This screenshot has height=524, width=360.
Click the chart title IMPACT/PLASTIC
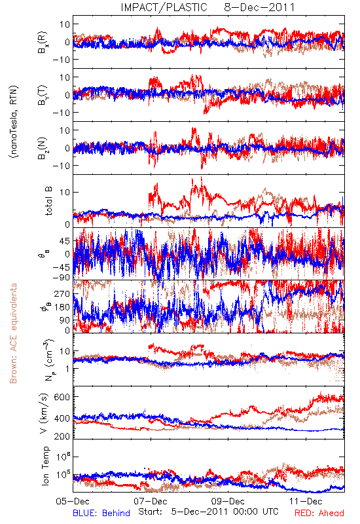point(164,7)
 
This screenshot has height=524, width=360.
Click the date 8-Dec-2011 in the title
point(259,7)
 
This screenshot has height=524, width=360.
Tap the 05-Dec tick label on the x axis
point(73,501)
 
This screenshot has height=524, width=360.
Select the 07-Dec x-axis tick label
point(151,501)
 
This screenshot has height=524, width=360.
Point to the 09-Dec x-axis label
point(228,501)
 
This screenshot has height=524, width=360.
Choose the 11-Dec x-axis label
point(306,501)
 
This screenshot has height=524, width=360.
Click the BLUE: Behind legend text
point(101,513)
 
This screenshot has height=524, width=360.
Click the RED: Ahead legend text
point(319,513)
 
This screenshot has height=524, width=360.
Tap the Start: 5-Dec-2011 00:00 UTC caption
point(208,512)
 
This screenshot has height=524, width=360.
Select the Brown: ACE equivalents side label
point(13,333)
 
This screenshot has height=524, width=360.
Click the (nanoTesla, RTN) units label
point(14,122)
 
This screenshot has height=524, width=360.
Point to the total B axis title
point(48,201)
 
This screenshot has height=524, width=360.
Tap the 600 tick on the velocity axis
point(62,398)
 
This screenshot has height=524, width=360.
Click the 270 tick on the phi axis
point(62,294)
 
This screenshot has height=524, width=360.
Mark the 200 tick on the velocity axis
point(62,436)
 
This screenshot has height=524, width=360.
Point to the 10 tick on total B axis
point(65,193)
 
